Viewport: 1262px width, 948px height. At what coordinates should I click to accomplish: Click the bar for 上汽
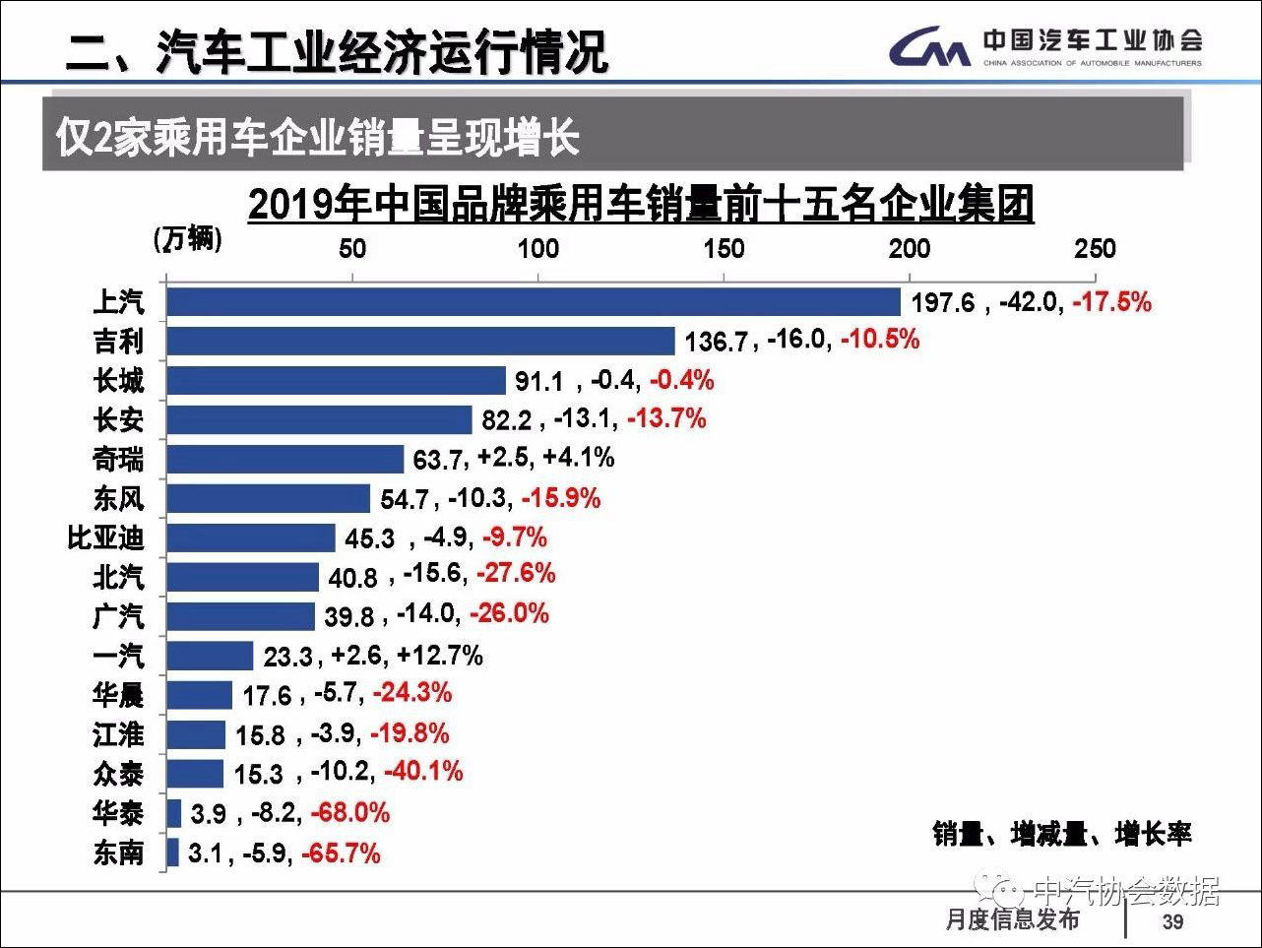[x=533, y=301]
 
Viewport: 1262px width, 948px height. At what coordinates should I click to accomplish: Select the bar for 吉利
[x=420, y=341]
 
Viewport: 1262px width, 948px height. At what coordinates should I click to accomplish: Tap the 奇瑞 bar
[x=284, y=459]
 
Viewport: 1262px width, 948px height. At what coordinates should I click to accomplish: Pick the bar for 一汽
[x=210, y=656]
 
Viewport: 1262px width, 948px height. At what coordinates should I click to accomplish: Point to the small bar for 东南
[x=173, y=853]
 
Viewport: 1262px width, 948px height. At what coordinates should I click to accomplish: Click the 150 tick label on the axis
[x=724, y=248]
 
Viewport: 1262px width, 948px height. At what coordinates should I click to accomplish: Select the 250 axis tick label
[x=1095, y=248]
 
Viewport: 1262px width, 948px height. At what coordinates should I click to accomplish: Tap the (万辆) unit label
[x=188, y=238]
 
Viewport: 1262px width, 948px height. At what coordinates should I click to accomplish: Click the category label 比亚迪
[x=105, y=537]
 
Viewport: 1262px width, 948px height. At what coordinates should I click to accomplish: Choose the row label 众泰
[x=118, y=774]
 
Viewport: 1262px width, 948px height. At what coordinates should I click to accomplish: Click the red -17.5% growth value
[x=1111, y=301]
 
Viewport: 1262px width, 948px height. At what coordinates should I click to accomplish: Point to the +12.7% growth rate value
[x=439, y=656]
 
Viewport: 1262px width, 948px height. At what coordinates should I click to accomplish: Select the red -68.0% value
[x=350, y=813]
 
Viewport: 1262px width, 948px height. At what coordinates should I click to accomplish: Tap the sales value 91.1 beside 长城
[x=538, y=381]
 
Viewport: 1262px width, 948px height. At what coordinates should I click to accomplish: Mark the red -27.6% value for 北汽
[x=516, y=574]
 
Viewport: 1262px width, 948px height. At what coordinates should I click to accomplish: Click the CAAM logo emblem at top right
[x=929, y=47]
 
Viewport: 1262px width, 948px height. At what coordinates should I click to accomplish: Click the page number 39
[x=1172, y=921]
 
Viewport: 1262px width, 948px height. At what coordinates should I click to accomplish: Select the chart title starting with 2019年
[x=640, y=205]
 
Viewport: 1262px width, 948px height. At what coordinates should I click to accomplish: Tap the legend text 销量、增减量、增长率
[x=1062, y=835]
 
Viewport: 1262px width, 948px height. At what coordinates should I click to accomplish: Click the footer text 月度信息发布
[x=1012, y=919]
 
